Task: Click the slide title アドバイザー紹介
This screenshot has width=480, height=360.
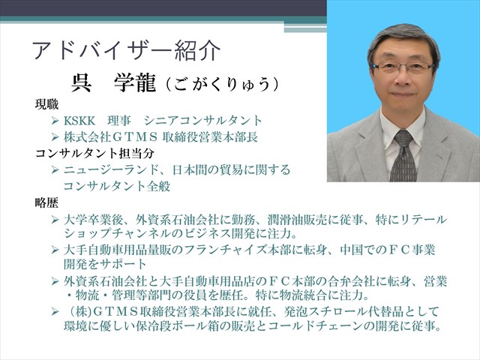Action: tap(126, 50)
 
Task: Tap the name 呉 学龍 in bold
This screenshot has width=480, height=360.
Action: tap(113, 83)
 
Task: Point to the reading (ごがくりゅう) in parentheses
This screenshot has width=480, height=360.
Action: tap(223, 84)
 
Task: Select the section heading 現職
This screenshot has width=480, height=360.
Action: tap(46, 104)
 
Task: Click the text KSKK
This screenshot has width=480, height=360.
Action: tap(79, 121)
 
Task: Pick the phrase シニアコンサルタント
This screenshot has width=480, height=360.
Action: tap(202, 121)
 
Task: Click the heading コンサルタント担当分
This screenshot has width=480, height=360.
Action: tap(94, 153)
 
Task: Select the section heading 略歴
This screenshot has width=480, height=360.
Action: tap(46, 202)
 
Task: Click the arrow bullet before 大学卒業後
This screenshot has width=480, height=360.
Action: tap(55, 219)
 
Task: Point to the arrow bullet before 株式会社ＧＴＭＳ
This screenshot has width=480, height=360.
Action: tap(55, 136)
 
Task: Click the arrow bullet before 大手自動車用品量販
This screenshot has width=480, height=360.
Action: tap(55, 250)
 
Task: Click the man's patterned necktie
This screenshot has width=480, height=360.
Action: tap(403, 157)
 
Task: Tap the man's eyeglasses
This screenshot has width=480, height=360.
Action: tap(403, 67)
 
